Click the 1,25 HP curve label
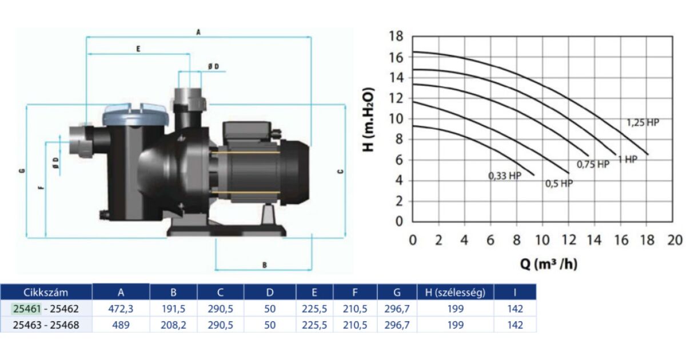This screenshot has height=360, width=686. tap(643, 123)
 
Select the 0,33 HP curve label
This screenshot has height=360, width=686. tap(505, 176)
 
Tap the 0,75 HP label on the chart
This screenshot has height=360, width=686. tap(593, 165)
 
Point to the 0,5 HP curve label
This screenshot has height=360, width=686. tap(559, 183)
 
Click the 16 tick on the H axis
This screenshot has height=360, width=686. tap(396, 57)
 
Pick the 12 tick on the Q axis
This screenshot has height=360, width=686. tap(569, 241)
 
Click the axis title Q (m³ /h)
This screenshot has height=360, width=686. tap(548, 264)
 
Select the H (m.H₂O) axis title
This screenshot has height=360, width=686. tap(368, 119)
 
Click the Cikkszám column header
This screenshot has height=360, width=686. tap(46, 293)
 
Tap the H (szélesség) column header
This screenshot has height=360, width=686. tap(456, 293)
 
